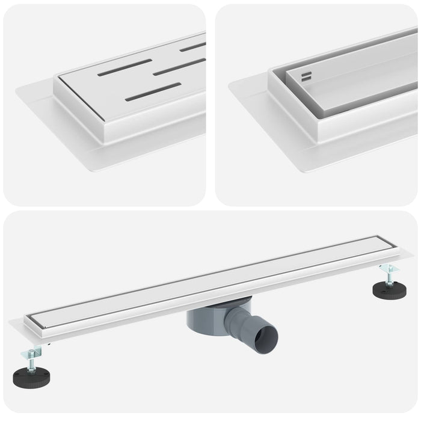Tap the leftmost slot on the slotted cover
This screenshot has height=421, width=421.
point(124,67)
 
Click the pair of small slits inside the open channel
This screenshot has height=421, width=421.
point(307,76)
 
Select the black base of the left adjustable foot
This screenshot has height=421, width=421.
point(30,378)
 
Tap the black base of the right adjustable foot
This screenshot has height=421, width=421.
point(389,290)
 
